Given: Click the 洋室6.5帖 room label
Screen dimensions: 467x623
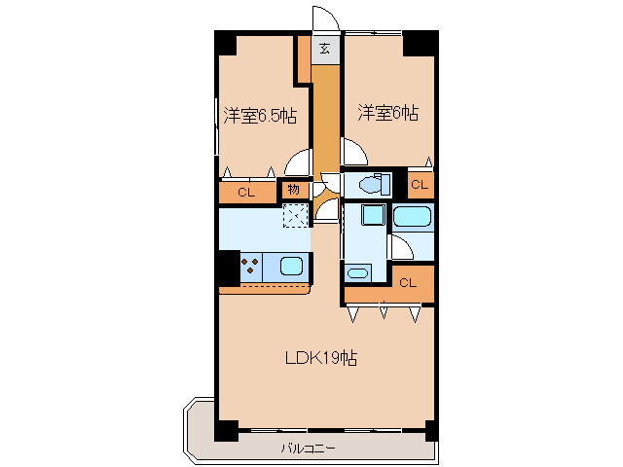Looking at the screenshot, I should click(259, 116).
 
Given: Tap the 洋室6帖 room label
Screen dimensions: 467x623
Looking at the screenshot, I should click(386, 114).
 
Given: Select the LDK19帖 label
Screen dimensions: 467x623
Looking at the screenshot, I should click(320, 358).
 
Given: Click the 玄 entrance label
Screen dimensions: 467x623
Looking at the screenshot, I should click(325, 48).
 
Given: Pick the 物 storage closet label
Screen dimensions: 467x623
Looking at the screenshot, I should click(294, 190).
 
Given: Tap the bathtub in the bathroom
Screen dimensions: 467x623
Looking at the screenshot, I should click(413, 218).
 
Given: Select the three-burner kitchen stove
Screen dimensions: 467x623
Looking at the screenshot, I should click(250, 266).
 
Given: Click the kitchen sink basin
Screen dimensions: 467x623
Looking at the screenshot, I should click(291, 265).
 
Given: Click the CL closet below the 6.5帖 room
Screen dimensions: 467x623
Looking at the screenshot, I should click(246, 193).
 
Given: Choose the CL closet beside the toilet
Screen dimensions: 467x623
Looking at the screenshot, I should click(419, 185).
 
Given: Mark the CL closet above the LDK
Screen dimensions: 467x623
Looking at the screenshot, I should click(407, 283).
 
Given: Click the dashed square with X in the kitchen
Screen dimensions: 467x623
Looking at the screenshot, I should click(295, 216).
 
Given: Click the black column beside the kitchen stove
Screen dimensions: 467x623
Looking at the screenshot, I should click(228, 266).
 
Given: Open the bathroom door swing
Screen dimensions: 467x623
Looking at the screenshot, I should click(401, 247).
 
